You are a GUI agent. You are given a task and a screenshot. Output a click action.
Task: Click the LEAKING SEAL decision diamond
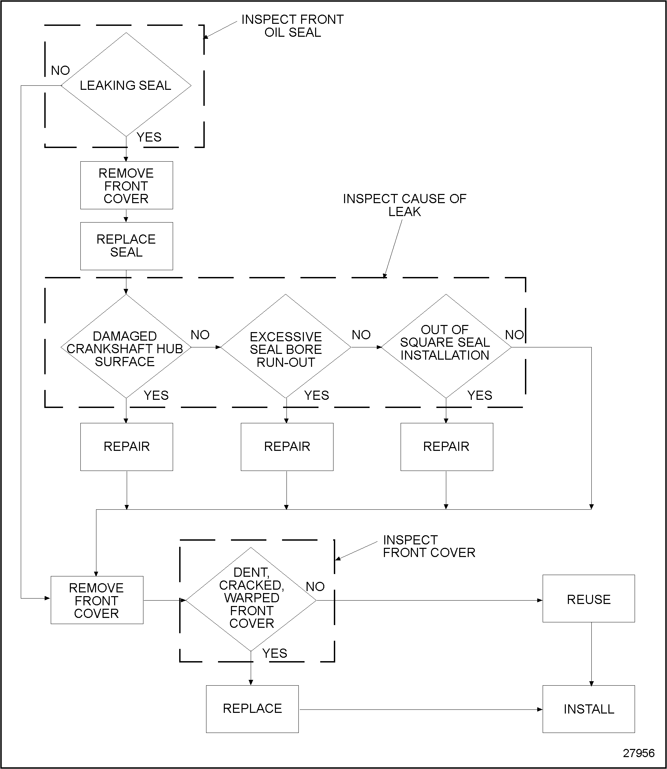126,85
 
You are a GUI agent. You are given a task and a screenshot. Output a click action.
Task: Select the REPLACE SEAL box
126,246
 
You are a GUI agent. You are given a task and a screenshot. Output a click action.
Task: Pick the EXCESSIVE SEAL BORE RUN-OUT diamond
286,348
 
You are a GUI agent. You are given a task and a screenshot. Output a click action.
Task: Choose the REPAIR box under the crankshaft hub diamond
126,447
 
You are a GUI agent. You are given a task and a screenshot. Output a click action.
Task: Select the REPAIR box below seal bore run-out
287,447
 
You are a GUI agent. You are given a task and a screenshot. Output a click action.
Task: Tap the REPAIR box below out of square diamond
447,447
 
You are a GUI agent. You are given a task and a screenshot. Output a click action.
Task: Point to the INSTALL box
588,709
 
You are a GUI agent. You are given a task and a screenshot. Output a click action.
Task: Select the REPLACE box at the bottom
252,709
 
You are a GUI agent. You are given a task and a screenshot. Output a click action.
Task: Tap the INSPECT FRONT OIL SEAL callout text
293,26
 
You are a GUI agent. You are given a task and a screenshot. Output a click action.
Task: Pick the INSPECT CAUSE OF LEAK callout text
405,205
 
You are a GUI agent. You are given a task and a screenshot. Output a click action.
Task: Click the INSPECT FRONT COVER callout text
429,546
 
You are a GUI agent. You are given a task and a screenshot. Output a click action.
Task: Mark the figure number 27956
638,753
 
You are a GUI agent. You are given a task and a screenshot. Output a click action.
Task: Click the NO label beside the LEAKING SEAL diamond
60,70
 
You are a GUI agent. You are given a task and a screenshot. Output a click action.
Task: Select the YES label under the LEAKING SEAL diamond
149,137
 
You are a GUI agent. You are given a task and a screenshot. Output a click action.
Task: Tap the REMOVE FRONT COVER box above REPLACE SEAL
126,185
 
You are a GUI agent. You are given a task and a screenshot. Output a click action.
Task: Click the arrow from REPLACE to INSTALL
421,709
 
